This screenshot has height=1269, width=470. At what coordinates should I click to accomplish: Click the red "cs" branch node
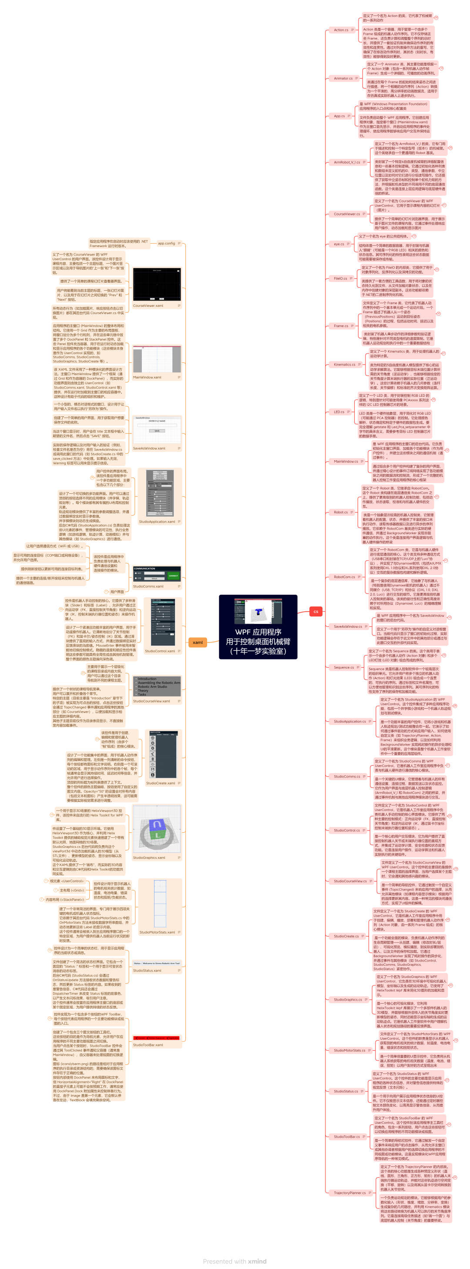pyautogui.click(x=316, y=611)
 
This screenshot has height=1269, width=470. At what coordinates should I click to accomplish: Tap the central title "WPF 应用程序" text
pyautogui.click(x=258, y=632)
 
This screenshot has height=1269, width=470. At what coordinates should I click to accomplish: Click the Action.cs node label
pyautogui.click(x=341, y=30)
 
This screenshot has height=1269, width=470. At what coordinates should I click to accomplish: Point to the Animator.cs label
pyautogui.click(x=343, y=78)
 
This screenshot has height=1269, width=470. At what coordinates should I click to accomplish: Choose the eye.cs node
pyautogui.click(x=339, y=244)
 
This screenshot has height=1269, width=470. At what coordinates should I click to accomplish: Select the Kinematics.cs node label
pyautogui.click(x=344, y=365)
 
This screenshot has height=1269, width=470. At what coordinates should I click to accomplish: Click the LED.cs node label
pyautogui.click(x=339, y=412)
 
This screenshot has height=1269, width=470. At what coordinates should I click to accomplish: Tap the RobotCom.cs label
pyautogui.click(x=344, y=577)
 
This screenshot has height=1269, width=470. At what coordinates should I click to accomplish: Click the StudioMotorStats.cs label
pyautogui.click(x=349, y=1050)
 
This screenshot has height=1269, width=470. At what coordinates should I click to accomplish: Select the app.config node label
pyautogui.click(x=167, y=243)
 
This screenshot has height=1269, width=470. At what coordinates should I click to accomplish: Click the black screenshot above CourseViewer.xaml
pyautogui.click(x=157, y=285)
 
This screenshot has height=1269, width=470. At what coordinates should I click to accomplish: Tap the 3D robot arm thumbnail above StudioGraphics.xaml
pyautogui.click(x=157, y=830)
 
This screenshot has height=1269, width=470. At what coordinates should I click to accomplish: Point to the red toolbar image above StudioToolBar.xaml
pyautogui.click(x=157, y=1038)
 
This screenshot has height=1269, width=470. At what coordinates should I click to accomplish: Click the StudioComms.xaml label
pyautogui.click(x=148, y=586)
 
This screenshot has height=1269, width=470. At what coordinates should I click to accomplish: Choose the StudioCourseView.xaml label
pyautogui.click(x=151, y=701)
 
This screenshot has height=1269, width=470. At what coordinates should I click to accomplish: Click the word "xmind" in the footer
pyautogui.click(x=257, y=1261)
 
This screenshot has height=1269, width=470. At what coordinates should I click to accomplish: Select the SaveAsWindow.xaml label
pyautogui.click(x=149, y=448)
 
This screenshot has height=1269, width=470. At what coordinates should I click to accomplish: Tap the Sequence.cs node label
pyautogui.click(x=343, y=667)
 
